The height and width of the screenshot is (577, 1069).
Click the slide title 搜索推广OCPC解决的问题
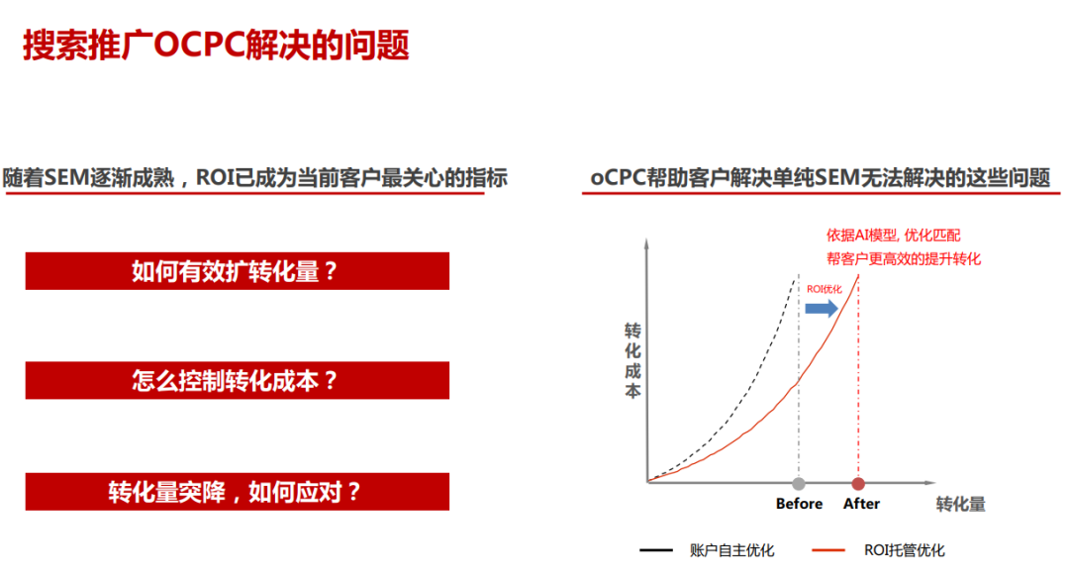pyautogui.click(x=216, y=46)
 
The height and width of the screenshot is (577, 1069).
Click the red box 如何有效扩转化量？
pyautogui.click(x=238, y=271)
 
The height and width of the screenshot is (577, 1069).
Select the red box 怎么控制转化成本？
pyautogui.click(x=238, y=380)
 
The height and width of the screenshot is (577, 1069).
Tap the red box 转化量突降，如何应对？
pyautogui.click(x=238, y=491)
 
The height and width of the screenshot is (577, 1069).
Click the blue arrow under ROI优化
pyautogui.click(x=822, y=309)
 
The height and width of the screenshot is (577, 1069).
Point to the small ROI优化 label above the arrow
pyautogui.click(x=824, y=289)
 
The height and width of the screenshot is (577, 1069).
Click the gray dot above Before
pyautogui.click(x=799, y=484)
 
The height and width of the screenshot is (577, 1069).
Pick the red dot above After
pyautogui.click(x=858, y=484)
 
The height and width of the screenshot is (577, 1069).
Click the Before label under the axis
pyautogui.click(x=799, y=504)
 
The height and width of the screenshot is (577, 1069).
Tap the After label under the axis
pyautogui.click(x=861, y=504)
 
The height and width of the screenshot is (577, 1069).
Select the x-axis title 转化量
pyautogui.click(x=960, y=505)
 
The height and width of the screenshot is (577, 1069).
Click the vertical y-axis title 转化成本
pyautogui.click(x=632, y=361)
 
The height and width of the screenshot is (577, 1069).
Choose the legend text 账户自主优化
pyautogui.click(x=731, y=550)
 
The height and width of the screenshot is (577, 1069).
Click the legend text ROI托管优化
pyautogui.click(x=904, y=550)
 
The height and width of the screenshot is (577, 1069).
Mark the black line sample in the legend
pyautogui.click(x=656, y=549)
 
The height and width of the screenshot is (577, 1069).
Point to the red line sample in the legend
pyautogui.click(x=828, y=549)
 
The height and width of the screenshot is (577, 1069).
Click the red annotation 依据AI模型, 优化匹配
pyautogui.click(x=893, y=236)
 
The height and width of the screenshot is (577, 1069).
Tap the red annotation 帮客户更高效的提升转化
pyautogui.click(x=904, y=259)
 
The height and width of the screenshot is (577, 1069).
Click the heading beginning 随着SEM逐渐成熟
pyautogui.click(x=255, y=178)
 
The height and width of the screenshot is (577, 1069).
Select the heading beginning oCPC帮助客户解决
pyautogui.click(x=821, y=178)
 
